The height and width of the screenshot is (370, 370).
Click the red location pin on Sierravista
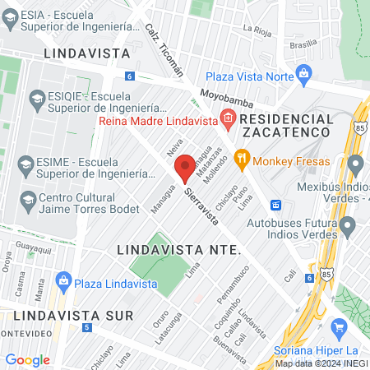tap(186, 166)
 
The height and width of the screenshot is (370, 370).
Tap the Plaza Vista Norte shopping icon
tap(303, 72)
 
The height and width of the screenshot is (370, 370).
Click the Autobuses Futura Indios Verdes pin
tap(348, 223)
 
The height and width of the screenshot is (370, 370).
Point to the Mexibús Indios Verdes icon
tap(355, 164)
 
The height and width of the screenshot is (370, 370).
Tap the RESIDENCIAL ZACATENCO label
tap(287, 125)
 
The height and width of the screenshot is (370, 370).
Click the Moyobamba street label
tap(222, 96)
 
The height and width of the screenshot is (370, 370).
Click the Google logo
tap(27, 359)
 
